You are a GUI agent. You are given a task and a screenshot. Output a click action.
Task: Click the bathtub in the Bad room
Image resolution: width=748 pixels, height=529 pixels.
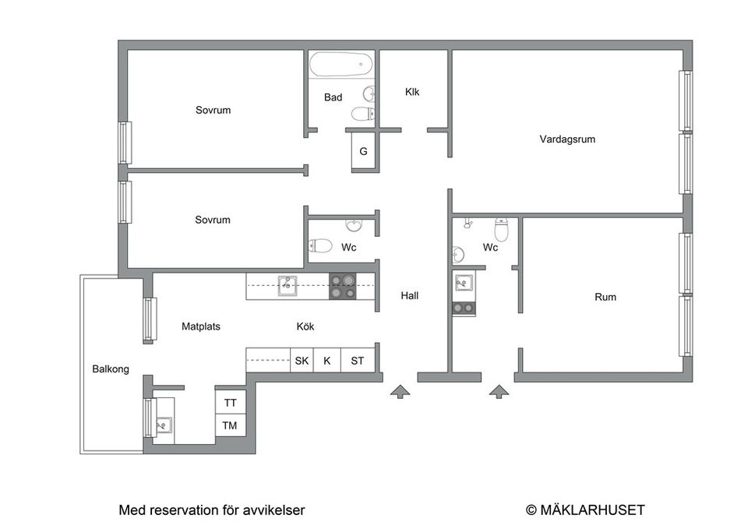coord(340,65)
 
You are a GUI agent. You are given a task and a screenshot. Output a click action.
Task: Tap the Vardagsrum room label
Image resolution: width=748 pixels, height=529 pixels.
coord(567,139)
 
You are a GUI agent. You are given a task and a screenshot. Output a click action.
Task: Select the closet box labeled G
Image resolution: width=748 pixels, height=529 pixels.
coord(363,151)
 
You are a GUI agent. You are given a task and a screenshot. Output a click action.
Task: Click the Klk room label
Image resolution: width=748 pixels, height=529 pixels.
coord(412,92)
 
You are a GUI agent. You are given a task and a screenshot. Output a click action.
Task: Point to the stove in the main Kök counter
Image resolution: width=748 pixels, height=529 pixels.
coord(342,286)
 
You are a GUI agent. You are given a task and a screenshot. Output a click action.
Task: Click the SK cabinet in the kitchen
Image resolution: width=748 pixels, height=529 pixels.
coord(302,361)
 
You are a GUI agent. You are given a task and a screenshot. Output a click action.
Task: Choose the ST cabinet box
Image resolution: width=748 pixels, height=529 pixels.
coord(358,361)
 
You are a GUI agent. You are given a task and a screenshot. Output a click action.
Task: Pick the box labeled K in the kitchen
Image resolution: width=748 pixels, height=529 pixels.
coord(327,361)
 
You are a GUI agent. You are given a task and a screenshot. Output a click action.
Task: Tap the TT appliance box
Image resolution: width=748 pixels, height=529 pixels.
coord(231,403)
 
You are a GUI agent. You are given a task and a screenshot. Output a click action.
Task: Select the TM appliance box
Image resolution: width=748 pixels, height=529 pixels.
coord(231,425)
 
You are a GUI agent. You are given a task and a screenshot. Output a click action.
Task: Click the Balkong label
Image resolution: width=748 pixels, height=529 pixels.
coord(111,369)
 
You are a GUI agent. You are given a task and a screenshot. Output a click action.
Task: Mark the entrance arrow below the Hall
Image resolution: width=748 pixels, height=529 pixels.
coord(399,391)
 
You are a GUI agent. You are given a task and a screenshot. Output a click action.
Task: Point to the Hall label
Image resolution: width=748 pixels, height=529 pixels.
coord(410,296)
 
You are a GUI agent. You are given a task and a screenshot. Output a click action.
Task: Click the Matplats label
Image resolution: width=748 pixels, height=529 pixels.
coord(201,326)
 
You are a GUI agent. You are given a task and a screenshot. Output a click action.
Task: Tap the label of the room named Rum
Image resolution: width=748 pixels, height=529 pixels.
coord(605,297)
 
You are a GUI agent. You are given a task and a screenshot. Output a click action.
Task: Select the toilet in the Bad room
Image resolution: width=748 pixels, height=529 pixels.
coord(362,114)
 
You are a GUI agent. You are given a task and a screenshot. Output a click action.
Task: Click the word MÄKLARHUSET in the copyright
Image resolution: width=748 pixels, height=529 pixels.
coord(593,510)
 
